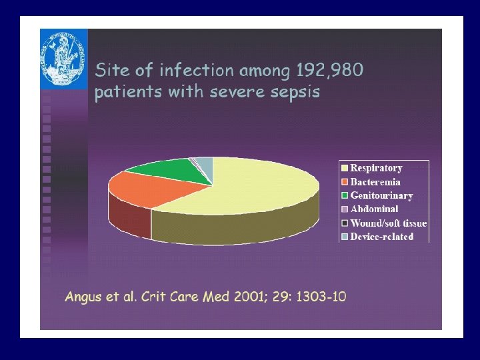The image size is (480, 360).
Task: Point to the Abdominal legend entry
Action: (374, 209)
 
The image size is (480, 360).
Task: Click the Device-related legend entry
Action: (382, 237)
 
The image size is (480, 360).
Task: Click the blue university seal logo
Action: (63, 59)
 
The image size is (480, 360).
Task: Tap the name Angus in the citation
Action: (83, 296)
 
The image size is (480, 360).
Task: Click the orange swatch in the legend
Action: (344, 182)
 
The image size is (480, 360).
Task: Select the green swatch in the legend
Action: (344, 196)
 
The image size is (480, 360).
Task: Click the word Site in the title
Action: (109, 69)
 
